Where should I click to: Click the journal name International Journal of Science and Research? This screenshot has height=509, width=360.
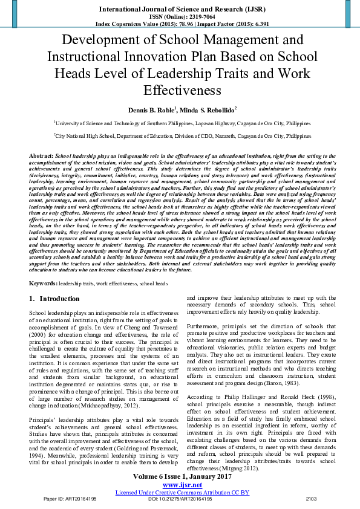[179, 10]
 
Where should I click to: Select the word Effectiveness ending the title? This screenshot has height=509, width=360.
[179, 91]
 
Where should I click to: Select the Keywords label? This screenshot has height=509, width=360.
[44, 283]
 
